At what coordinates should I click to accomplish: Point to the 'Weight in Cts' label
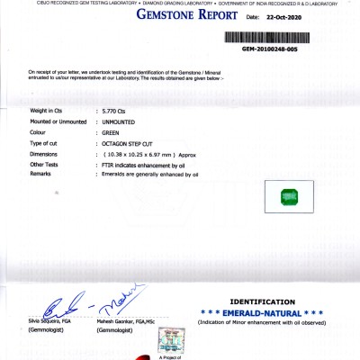click(x=47, y=109)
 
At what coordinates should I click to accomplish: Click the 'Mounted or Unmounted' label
click(x=58, y=120)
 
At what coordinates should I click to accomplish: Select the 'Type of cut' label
click(x=45, y=142)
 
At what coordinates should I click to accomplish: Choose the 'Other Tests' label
click(x=45, y=165)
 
